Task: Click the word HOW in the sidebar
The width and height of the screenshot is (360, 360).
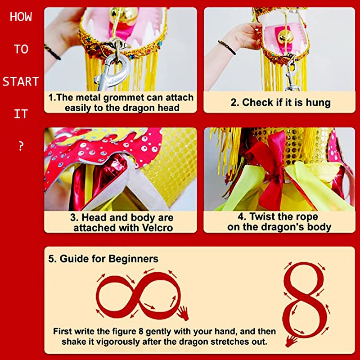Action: tap(21, 17)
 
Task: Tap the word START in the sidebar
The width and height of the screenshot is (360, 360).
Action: tap(21, 82)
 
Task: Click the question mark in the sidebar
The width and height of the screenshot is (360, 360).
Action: tap(21, 146)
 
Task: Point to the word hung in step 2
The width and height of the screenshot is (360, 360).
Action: tap(318, 103)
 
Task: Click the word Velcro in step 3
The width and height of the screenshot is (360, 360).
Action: tap(157, 228)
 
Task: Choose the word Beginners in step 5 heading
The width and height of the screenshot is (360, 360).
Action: tap(133, 259)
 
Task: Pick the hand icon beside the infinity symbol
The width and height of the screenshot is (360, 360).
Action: tap(183, 313)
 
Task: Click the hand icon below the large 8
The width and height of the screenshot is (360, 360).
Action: tap(291, 341)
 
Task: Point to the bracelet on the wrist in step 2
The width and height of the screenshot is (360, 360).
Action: tap(227, 47)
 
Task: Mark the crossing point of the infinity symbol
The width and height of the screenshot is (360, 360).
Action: tap(138, 295)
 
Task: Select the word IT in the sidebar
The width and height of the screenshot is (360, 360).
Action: tap(21, 114)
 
